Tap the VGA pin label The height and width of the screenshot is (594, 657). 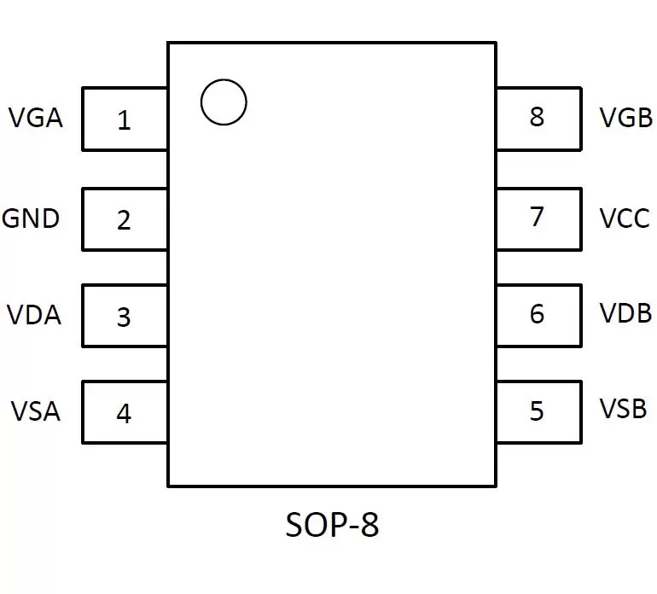36,118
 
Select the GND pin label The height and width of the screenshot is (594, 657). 31,218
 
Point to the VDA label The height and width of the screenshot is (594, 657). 34,315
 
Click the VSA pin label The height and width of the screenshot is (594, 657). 36,411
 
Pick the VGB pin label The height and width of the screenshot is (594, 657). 626,118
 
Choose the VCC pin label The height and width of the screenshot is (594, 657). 625,218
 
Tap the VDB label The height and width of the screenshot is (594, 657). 626,313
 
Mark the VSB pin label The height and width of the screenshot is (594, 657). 624,409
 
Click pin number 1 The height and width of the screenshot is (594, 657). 124,120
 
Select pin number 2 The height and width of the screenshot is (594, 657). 124,220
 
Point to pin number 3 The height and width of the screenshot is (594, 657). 124,317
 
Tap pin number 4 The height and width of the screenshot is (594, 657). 124,414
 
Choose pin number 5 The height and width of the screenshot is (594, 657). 537,411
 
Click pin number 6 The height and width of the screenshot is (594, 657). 537,314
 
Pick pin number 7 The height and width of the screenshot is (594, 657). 537,217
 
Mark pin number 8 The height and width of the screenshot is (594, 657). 537,117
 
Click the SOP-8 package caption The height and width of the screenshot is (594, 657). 332,524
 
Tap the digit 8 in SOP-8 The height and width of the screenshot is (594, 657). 370,524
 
